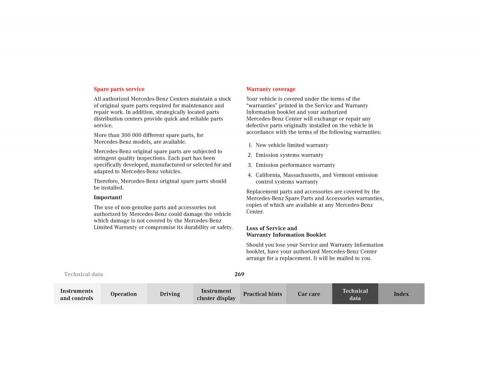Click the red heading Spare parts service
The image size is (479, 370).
tap(119, 89)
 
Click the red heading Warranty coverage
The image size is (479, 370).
tap(271, 89)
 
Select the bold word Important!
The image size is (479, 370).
tap(108, 197)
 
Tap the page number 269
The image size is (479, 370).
tap(239, 274)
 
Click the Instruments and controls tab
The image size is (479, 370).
tap(77, 294)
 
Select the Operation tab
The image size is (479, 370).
tap(123, 294)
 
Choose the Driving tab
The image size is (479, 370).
tap(170, 294)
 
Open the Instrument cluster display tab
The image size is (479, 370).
tap(216, 294)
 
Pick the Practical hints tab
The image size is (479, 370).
tap(262, 294)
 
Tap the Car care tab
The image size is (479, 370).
tap(309, 294)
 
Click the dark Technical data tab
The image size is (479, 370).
tap(355, 294)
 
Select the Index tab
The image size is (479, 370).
tap(401, 294)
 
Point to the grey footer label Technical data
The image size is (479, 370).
tap(83, 274)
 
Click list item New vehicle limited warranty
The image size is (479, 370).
tap(292, 145)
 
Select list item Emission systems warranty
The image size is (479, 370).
tap(289, 155)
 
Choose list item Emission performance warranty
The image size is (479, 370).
tap(295, 165)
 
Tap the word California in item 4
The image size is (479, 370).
tap(268, 175)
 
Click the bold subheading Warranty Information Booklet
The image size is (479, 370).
tap(286, 235)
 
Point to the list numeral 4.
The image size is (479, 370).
tap(249, 175)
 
